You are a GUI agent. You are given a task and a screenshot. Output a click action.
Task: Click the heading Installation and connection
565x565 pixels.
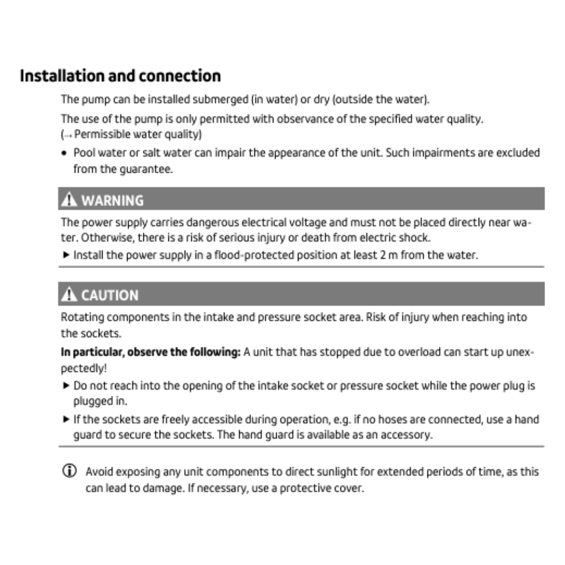(x=120, y=76)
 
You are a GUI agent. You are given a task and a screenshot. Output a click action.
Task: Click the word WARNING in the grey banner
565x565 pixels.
(x=112, y=200)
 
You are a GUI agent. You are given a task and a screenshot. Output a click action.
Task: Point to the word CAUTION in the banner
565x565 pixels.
(x=110, y=295)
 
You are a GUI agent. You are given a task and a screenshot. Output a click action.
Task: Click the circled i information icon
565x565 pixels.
(x=68, y=471)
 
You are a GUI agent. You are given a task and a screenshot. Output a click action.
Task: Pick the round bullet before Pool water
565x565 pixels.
(x=64, y=153)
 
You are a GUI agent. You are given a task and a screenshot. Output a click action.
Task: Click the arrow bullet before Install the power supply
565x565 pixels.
(x=65, y=256)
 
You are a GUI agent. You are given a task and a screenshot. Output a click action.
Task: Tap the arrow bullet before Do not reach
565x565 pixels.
(x=65, y=386)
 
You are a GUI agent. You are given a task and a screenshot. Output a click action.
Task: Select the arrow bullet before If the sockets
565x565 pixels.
(x=65, y=420)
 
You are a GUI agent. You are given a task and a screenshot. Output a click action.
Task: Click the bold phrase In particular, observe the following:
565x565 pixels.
(x=151, y=352)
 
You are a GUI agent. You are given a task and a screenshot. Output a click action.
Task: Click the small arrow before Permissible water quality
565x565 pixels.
(x=67, y=135)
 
